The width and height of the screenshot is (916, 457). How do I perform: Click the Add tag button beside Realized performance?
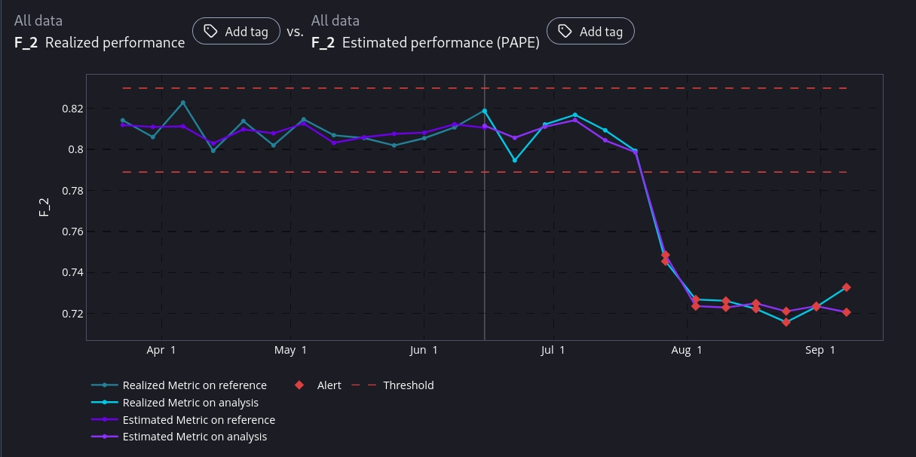point(236,32)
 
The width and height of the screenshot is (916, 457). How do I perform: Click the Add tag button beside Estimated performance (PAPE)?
point(590,32)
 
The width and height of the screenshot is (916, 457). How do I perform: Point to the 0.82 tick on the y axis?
point(72,109)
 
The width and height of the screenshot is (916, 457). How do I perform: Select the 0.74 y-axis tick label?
point(72,272)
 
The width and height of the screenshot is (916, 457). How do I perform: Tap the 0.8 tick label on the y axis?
point(76,149)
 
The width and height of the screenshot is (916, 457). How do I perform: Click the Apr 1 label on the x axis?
point(161,350)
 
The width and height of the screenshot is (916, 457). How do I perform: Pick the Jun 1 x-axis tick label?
point(424,350)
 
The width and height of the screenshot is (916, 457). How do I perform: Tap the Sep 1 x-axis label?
point(820,350)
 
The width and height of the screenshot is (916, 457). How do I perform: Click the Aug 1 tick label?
point(687,350)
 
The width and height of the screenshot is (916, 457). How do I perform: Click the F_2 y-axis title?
point(44,206)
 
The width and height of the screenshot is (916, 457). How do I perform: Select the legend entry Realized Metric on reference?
point(195,385)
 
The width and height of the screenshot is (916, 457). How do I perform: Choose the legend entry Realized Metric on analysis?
point(190,403)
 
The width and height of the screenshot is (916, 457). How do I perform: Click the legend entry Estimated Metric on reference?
point(198,420)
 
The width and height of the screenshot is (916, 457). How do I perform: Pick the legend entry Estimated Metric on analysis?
point(195,437)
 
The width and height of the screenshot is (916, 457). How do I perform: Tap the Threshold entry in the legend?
point(408,385)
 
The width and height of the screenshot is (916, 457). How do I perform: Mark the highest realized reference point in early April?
point(183,103)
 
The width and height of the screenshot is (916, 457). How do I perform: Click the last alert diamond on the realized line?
point(847,287)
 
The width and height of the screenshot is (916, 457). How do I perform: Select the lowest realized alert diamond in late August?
point(786,322)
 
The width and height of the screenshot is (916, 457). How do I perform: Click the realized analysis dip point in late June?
point(515,161)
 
